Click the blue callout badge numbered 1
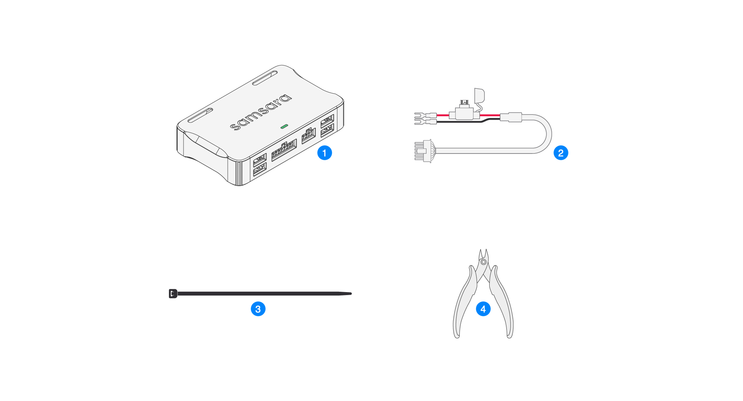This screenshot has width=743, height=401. (324, 153)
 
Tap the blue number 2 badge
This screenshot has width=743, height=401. (561, 153)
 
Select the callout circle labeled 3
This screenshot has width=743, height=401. (258, 309)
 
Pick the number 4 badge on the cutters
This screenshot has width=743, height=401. (483, 309)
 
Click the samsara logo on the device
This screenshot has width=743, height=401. (261, 112)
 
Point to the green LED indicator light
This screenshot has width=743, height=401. (284, 126)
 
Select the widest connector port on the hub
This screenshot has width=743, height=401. (284, 150)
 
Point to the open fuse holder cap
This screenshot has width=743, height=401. (479, 95)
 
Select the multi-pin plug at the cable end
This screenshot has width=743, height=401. (423, 151)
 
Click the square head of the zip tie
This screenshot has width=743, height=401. (173, 294)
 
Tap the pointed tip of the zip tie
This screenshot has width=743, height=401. (351, 294)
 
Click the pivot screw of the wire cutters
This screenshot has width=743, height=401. (483, 262)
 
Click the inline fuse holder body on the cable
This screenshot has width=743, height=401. (464, 112)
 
